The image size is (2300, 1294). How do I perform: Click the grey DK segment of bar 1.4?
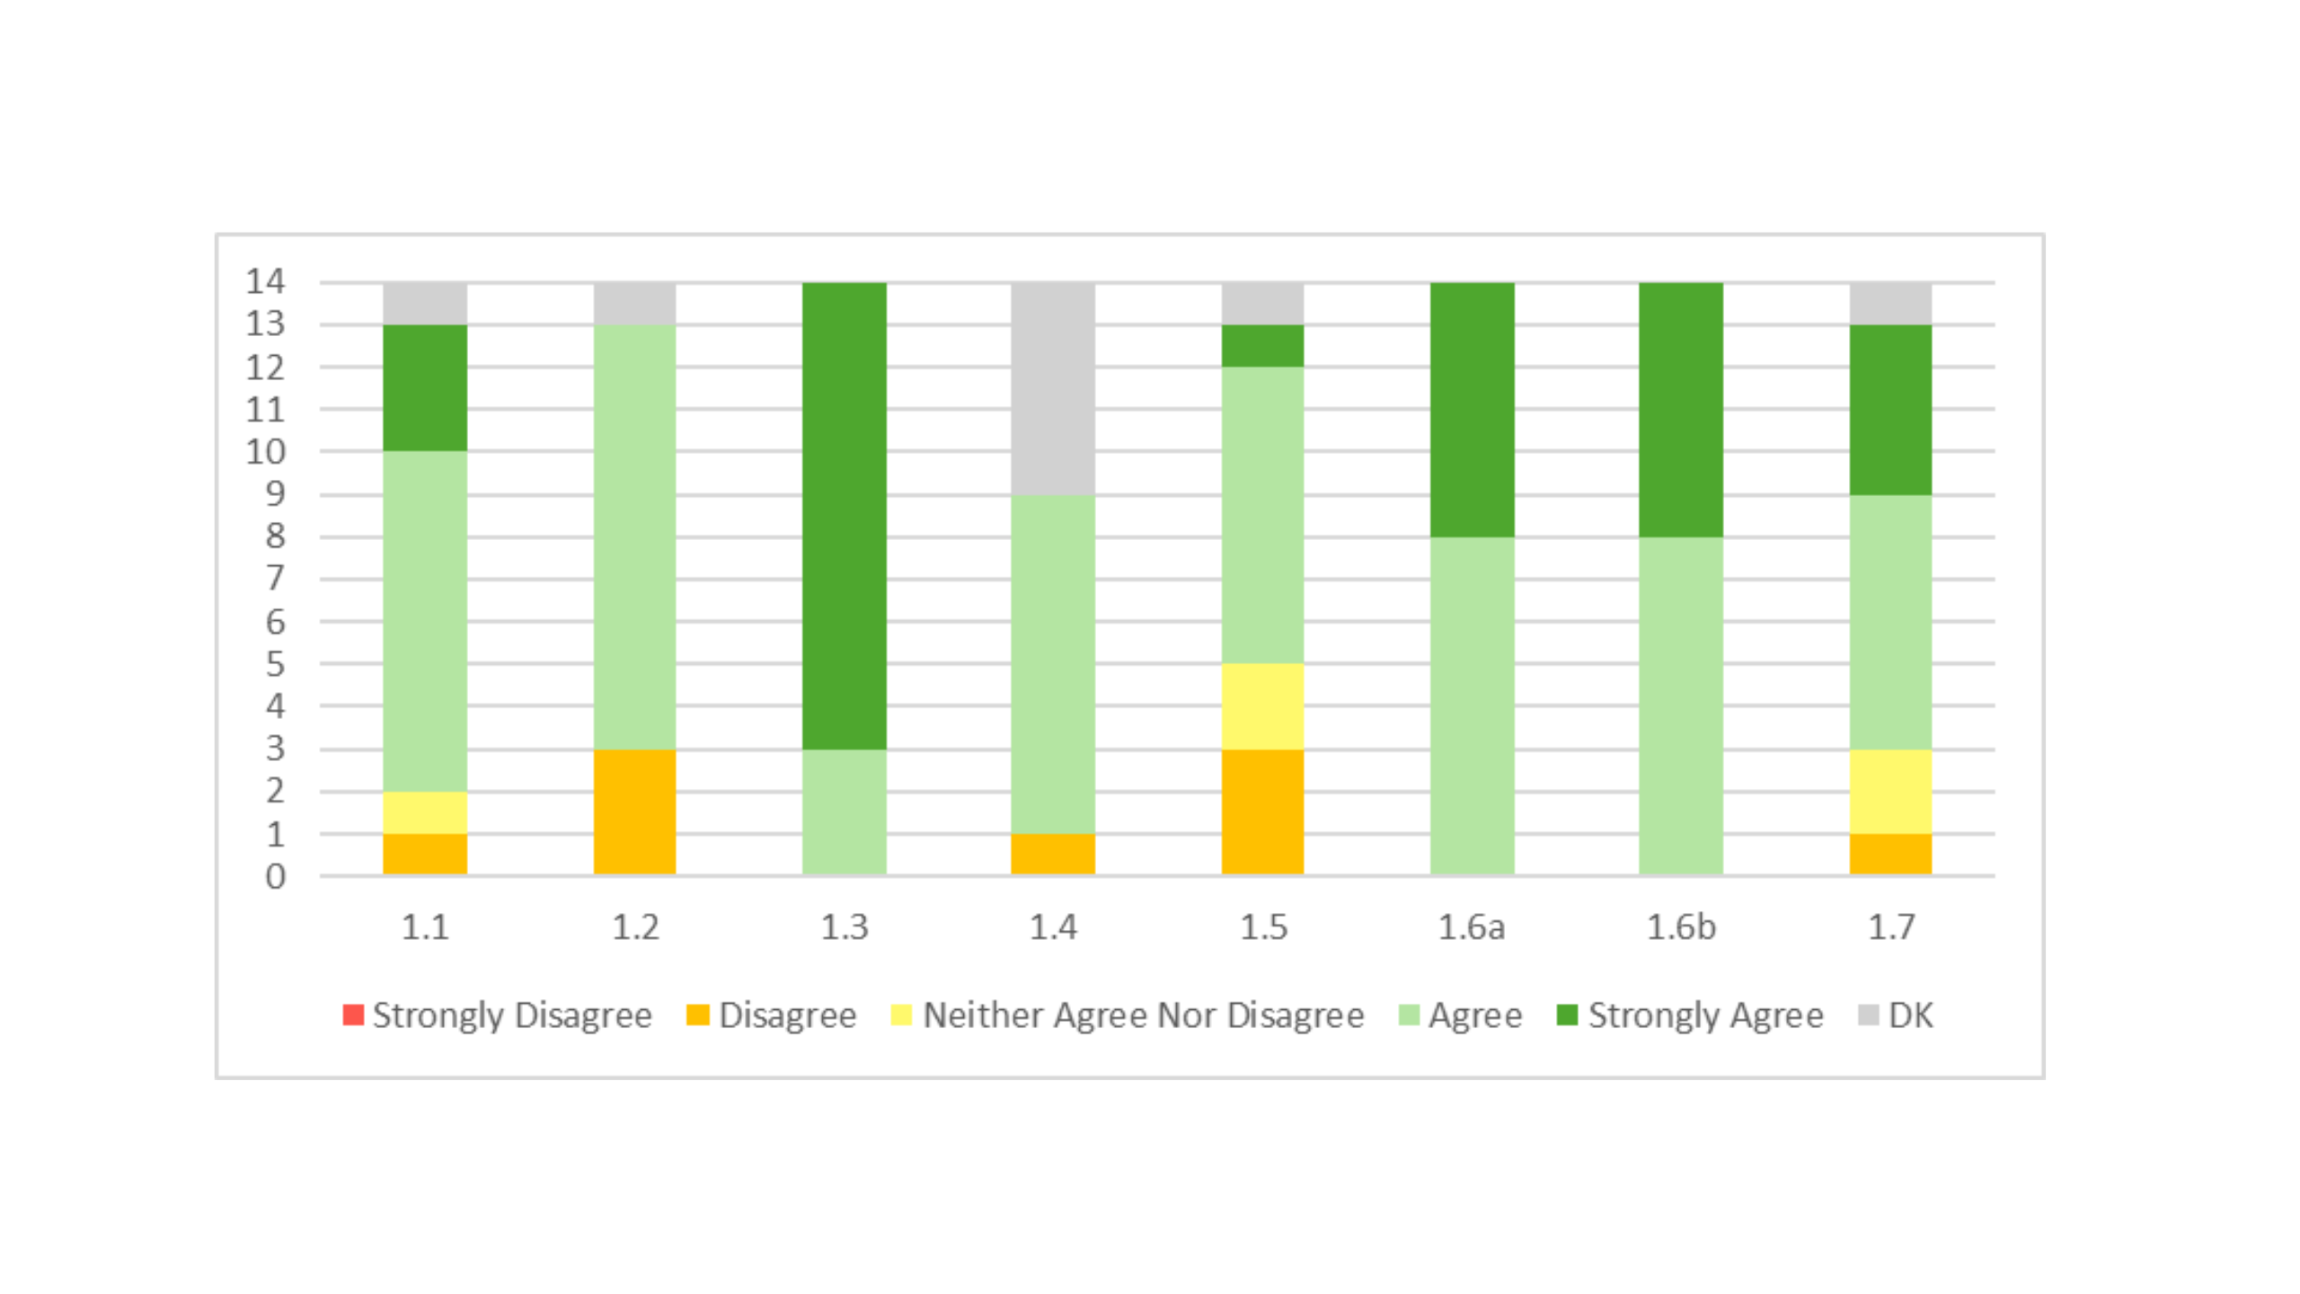1052,388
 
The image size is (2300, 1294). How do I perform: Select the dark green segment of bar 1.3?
844,515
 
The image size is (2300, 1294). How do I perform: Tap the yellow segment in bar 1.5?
1262,706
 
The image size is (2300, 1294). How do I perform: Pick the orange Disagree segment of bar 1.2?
634,811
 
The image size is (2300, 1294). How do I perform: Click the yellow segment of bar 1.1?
425,812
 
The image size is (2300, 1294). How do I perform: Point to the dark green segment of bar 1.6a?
1472,410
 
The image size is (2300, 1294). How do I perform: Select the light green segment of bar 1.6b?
1680,705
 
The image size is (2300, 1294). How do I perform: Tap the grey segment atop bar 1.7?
1890,304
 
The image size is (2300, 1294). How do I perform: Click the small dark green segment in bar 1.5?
1262,346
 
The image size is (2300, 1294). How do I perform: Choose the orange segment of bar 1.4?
1052,854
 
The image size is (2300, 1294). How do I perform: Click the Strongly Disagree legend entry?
499,1015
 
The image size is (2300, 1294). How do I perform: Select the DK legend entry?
1896,1015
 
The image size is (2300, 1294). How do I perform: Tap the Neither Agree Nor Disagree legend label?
1143,1015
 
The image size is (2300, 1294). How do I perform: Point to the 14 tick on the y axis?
265,282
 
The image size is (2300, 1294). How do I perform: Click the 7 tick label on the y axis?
274,578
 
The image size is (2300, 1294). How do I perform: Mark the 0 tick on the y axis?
274,876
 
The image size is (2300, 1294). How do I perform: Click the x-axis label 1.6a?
1471,926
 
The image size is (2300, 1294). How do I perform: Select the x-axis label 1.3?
844,926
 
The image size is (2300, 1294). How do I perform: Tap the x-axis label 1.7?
1890,926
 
